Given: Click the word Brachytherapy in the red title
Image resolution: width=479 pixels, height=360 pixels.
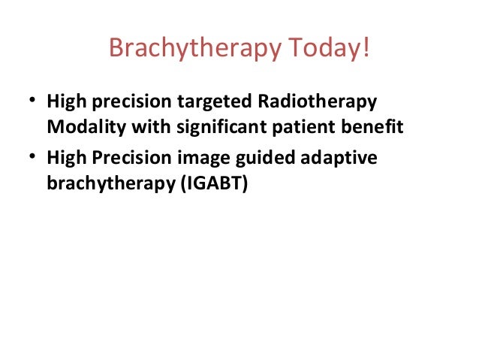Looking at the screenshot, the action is [x=195, y=48].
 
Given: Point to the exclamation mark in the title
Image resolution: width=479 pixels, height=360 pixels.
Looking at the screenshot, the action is [x=366, y=47].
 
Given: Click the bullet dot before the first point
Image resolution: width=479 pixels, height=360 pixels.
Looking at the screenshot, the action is [x=32, y=99].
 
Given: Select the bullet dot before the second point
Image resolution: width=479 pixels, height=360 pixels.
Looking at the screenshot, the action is [x=32, y=156].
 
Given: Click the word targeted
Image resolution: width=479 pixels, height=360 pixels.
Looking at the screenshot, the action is [x=214, y=101].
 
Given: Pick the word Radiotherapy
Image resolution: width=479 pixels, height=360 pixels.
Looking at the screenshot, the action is [x=318, y=101].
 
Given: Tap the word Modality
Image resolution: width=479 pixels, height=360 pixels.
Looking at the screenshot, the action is [x=86, y=127].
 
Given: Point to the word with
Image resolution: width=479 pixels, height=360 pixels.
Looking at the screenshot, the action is [x=151, y=126].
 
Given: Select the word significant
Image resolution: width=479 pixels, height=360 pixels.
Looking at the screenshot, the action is [x=221, y=127].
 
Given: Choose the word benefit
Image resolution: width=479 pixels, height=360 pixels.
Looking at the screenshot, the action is [x=372, y=126].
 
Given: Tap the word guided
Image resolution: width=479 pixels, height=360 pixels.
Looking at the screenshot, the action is [x=264, y=159].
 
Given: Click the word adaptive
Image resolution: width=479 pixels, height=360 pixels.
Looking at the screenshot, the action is [x=339, y=159].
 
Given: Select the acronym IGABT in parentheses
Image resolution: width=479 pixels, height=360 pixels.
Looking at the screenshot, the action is [x=214, y=183].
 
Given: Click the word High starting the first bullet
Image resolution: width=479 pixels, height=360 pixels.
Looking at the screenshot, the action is [x=67, y=101].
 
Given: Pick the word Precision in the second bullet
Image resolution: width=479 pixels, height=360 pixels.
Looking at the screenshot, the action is [x=131, y=158].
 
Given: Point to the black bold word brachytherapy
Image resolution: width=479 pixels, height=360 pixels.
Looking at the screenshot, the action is [x=111, y=184].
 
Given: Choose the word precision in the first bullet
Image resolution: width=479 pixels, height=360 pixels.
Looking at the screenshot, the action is [x=131, y=101].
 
